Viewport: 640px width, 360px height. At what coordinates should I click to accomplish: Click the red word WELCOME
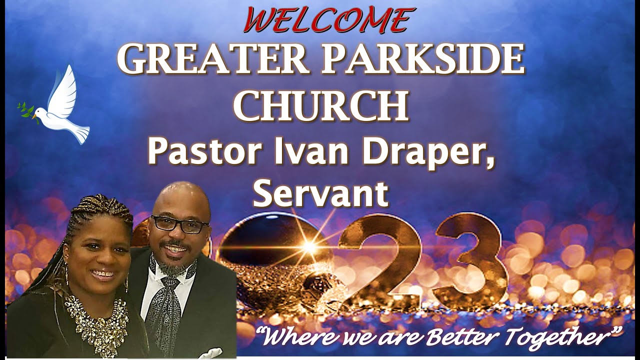coord(329,19)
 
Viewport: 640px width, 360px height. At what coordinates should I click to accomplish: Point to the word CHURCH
coord(321,105)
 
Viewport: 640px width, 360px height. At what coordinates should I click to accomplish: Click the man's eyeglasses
coord(180,224)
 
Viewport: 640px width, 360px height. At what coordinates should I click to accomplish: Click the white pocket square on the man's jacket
coord(211,353)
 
